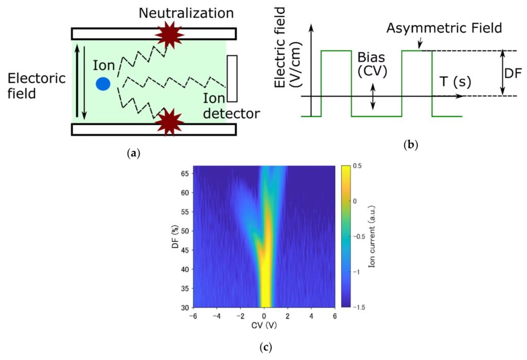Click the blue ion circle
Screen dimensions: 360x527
click(103, 84)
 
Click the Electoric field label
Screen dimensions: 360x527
click(37, 86)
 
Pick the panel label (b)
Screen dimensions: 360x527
click(411, 145)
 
